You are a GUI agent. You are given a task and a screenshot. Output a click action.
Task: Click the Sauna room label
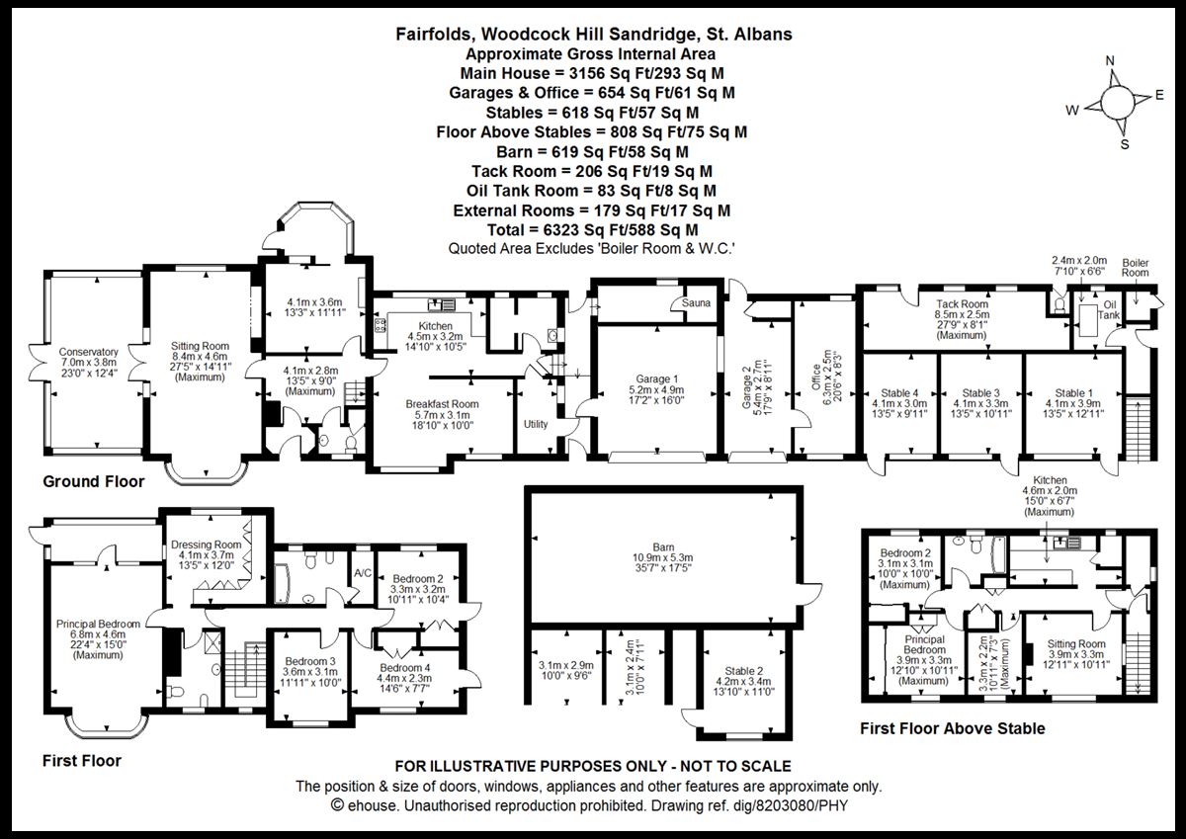(696, 303)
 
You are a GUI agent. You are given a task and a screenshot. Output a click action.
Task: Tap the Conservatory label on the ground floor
(88, 352)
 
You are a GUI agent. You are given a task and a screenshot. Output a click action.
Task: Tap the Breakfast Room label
(442, 404)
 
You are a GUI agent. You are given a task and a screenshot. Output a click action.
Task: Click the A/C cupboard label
(362, 571)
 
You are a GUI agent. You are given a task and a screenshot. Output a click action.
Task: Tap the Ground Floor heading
(93, 482)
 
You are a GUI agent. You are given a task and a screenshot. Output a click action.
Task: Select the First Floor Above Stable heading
(952, 729)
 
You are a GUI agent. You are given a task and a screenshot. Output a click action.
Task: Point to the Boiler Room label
(1136, 267)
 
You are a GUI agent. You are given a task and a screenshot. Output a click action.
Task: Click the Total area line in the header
(592, 229)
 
